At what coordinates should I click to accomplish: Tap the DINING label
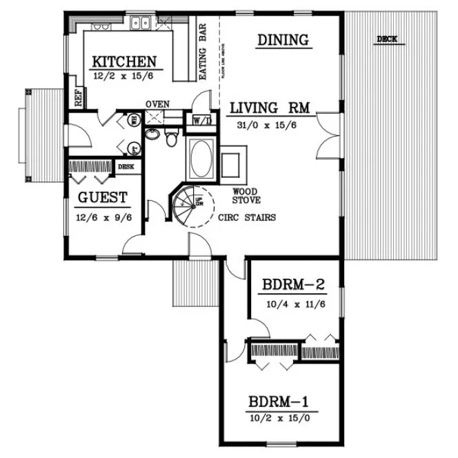283,40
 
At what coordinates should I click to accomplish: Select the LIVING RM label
269,108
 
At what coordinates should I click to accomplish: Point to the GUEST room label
102,198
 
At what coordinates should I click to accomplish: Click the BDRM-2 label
293,285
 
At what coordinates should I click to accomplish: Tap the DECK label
387,39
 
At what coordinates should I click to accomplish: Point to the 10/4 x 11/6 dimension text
294,301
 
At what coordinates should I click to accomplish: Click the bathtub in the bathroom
201,158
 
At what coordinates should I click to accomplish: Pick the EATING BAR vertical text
204,54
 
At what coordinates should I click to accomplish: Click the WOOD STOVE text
246,196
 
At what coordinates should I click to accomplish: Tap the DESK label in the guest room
126,166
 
